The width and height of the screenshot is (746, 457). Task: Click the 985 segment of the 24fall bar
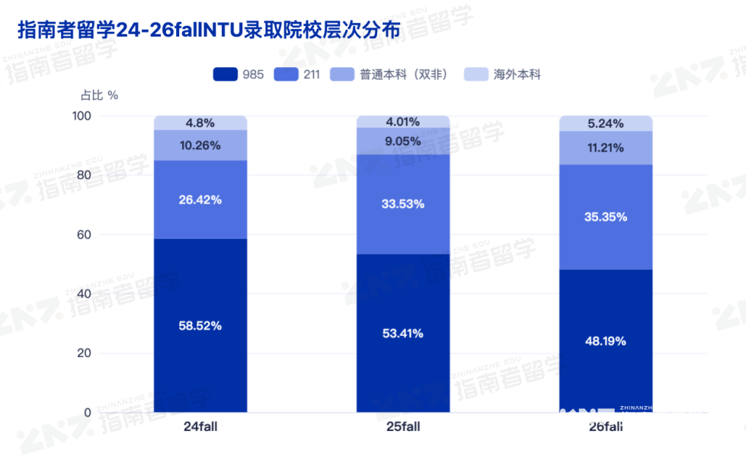(200, 325)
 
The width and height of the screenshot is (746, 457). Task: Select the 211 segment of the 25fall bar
(403, 204)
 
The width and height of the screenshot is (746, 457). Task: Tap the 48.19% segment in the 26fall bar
(606, 340)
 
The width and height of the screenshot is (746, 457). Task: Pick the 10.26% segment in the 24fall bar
(200, 145)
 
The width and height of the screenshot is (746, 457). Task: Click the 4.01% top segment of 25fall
(403, 122)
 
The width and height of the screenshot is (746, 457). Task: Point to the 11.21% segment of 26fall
(606, 148)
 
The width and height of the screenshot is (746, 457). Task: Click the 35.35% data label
(606, 217)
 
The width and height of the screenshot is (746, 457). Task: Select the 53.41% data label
(403, 334)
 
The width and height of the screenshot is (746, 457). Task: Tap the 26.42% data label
(200, 200)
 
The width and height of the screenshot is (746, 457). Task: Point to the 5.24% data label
(606, 123)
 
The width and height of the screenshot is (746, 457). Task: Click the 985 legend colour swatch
(225, 74)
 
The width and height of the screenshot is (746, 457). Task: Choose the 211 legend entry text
(312, 75)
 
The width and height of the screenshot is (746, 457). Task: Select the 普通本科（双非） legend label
(403, 75)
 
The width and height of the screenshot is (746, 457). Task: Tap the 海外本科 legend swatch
(475, 74)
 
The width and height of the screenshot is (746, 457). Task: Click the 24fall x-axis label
(200, 427)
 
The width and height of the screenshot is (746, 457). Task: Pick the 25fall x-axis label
(403, 427)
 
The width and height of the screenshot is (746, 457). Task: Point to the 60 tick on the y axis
(84, 235)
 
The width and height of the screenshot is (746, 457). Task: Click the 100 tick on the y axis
(82, 116)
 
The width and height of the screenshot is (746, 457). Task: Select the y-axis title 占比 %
(99, 95)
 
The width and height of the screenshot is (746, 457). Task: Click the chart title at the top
(209, 30)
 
